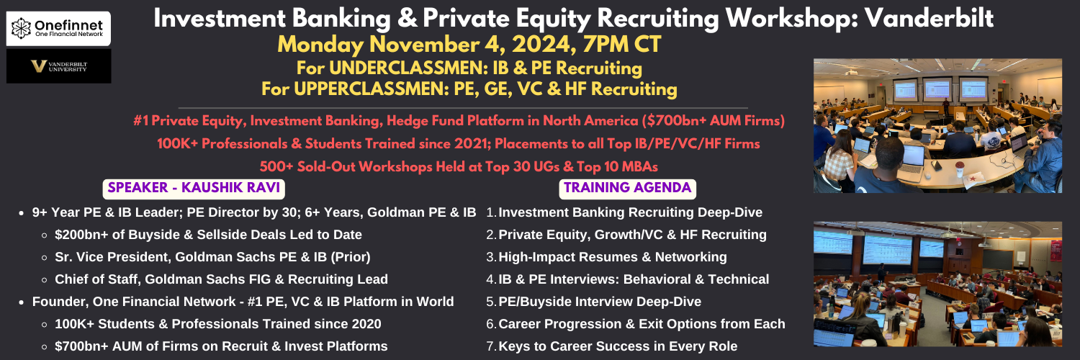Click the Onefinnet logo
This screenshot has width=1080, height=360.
58,28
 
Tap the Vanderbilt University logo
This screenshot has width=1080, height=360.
59,66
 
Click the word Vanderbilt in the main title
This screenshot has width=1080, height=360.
929,18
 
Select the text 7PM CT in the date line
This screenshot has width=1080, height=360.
621,45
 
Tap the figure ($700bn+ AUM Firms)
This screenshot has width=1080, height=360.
713,120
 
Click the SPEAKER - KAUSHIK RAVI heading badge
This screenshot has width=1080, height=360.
194,188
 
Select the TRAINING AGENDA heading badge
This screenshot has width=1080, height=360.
627,188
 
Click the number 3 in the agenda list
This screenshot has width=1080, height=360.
490,257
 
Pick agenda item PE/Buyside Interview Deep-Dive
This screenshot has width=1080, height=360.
600,302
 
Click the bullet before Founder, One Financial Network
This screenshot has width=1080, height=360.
21,302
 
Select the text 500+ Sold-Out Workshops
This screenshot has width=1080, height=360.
346,167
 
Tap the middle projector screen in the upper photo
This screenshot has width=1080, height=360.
936,89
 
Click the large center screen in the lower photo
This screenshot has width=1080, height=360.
887,248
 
